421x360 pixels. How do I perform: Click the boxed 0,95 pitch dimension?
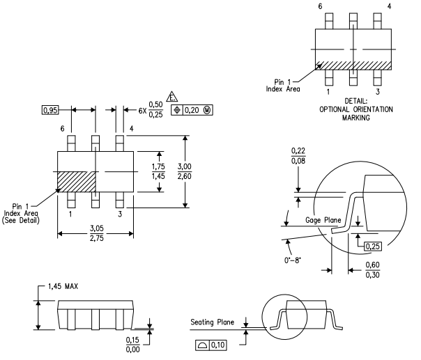(x=50, y=110)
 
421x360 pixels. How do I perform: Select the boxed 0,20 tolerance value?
(x=192, y=110)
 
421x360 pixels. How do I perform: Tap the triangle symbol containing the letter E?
(x=172, y=97)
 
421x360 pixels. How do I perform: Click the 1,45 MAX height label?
(x=63, y=286)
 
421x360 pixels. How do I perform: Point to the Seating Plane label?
(x=212, y=322)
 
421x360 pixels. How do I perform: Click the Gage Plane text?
(x=323, y=220)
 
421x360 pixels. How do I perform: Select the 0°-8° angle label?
(x=293, y=260)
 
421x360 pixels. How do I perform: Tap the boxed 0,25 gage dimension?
(x=373, y=246)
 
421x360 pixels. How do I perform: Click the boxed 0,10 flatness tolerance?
(x=217, y=345)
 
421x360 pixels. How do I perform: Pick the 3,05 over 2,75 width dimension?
(x=97, y=233)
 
